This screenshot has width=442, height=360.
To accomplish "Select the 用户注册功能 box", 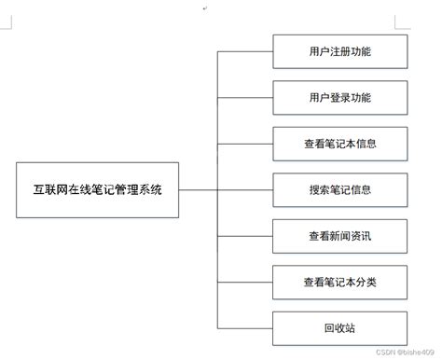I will [338, 52].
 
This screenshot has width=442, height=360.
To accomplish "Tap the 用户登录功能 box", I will [338, 98].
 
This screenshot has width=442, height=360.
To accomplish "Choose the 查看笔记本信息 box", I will [338, 144].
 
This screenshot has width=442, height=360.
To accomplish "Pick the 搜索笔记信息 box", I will [338, 189].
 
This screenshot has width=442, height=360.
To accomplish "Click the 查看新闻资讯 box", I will [338, 235].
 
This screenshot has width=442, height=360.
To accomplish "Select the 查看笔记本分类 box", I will [338, 281].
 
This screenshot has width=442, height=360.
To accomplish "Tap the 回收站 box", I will [338, 326].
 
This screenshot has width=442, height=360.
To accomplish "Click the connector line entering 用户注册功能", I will [244, 52].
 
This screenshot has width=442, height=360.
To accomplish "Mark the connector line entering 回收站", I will [244, 326].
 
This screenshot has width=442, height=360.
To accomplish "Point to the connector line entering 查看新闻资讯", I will [244, 235].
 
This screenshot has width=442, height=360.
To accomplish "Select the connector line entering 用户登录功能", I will [244, 98].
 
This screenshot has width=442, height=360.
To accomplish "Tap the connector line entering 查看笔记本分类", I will [244, 281].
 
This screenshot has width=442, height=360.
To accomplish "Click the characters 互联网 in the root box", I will [51, 189].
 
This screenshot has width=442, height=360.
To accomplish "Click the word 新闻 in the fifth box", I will [338, 235].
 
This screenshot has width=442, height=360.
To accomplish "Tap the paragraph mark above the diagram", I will [205, 7].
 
